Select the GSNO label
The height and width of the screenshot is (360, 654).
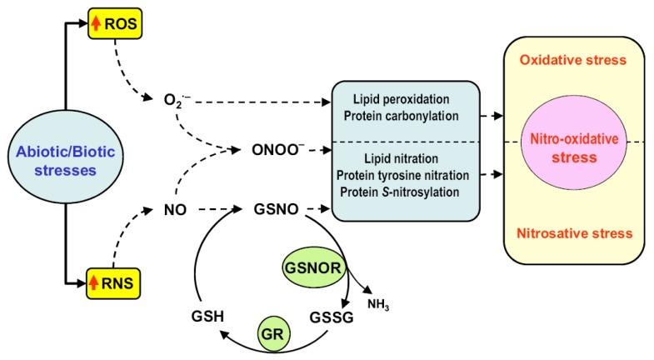272,212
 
